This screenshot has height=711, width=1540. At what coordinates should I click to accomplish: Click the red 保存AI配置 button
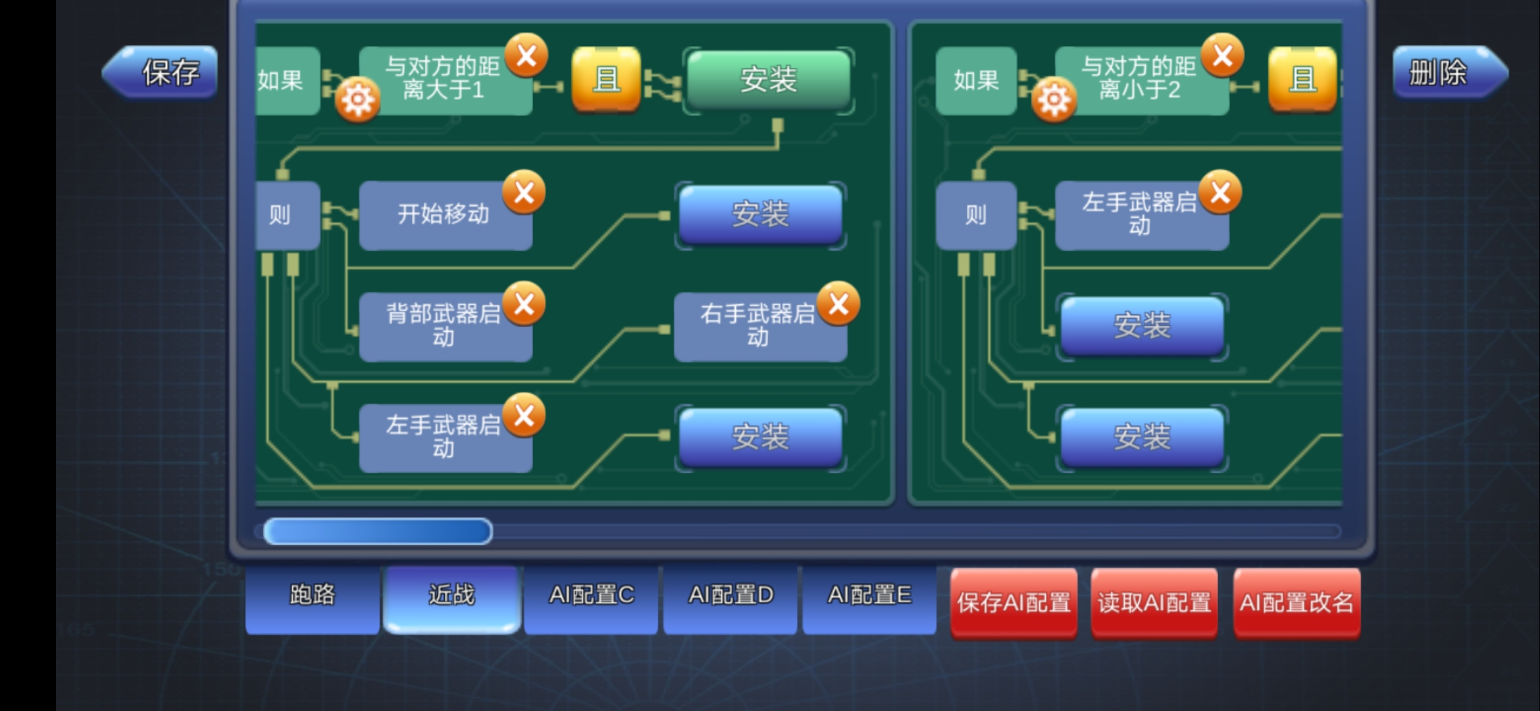pos(1014,603)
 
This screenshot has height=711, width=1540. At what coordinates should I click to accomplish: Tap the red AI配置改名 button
pos(1296,603)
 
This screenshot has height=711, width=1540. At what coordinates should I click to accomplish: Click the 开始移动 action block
pos(446,215)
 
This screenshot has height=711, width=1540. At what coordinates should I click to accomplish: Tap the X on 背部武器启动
pos(524,304)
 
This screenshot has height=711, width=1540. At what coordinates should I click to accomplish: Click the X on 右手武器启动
pos(838,304)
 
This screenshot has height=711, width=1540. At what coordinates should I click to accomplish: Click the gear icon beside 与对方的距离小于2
pos(1054,99)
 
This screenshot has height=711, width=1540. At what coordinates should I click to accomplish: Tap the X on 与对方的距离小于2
pos(1223,55)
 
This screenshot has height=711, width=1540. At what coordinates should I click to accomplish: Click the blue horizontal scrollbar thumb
pos(378,531)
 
